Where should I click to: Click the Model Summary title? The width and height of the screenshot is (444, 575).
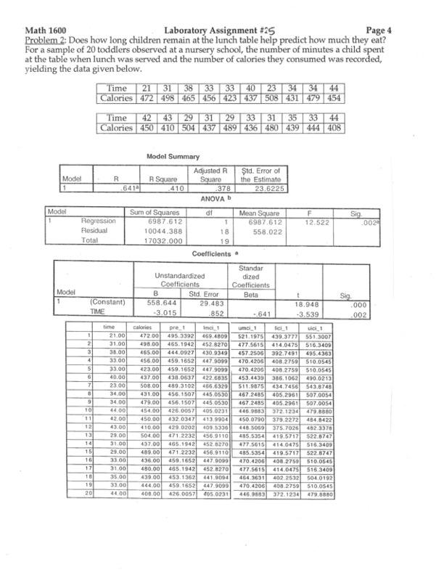[x=171, y=156]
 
